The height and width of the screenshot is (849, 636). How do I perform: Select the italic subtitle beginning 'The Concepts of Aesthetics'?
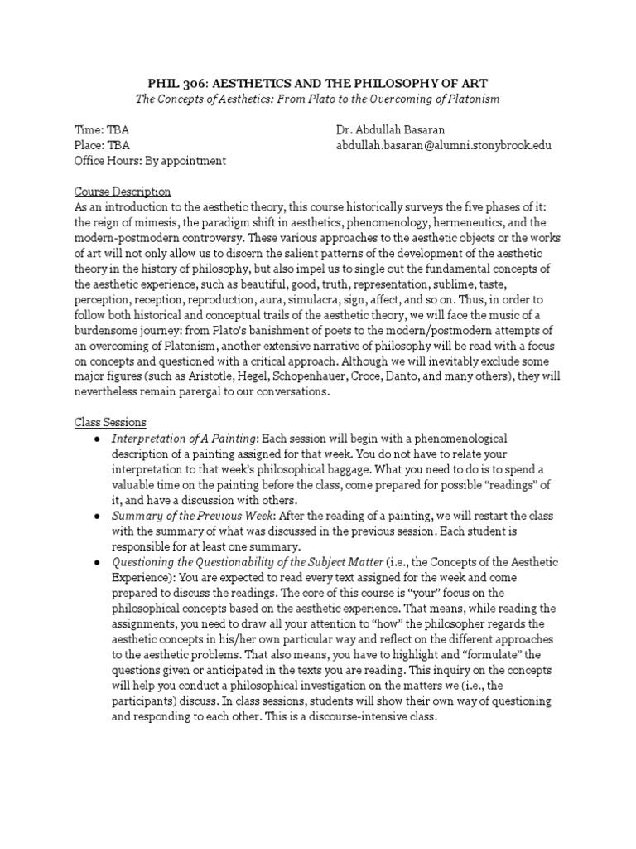318,99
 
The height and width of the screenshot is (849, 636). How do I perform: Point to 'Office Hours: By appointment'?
150,160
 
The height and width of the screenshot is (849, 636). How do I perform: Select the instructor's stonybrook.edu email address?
443,145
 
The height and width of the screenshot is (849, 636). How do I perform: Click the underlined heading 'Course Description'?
123,192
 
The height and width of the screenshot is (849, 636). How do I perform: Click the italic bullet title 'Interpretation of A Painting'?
185,438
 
